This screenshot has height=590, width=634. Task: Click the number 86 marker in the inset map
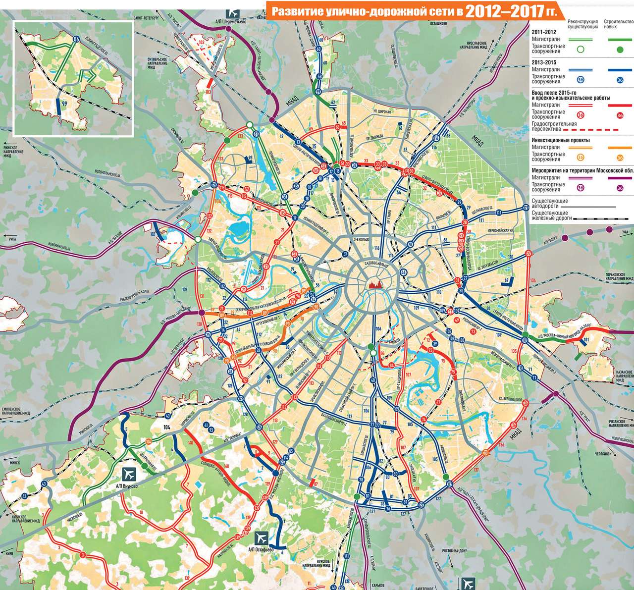[76, 39]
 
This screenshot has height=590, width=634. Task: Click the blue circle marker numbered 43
[44, 483]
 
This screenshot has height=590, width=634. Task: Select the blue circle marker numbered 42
[24, 496]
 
